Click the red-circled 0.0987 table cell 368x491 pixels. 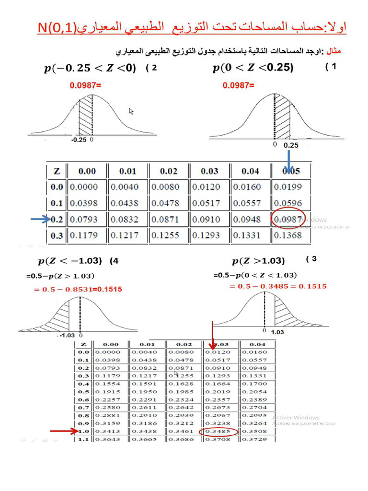click(288, 219)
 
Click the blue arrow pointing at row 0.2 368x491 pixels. click(41, 220)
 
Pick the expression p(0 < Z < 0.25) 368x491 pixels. click(253, 68)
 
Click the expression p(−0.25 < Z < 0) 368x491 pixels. click(90, 68)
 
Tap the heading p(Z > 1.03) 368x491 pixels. click(258, 261)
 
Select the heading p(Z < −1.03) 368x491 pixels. click(70, 261)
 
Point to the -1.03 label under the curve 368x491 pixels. click(69, 336)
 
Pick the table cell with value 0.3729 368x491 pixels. click(257, 439)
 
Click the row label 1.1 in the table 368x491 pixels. click(83, 439)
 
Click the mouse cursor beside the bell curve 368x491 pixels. click(131, 111)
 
